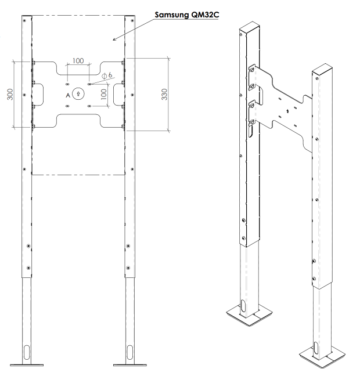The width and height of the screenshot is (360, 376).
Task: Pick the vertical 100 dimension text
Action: (x=103, y=95)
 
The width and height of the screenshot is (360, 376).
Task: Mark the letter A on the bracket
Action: (x=68, y=95)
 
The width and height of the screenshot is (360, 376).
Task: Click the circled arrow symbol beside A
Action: (x=77, y=95)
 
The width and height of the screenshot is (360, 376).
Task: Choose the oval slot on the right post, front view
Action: (x=129, y=352)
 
